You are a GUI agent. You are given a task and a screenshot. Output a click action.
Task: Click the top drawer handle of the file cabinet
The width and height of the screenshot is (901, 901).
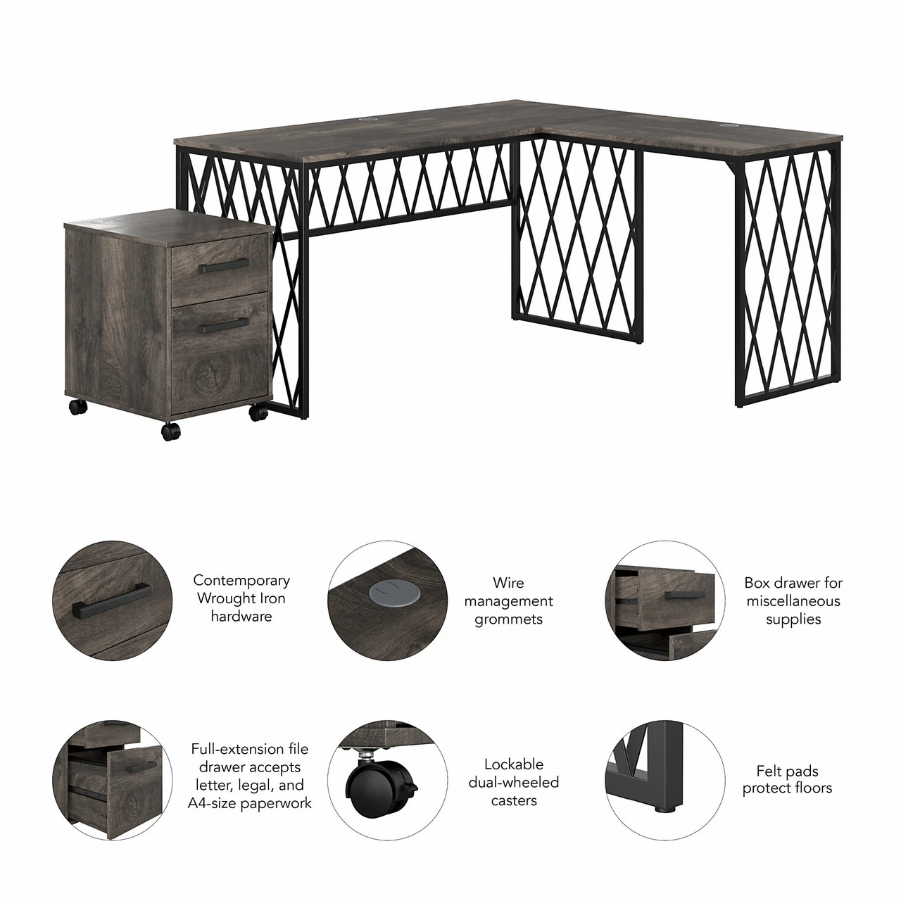click(x=224, y=265)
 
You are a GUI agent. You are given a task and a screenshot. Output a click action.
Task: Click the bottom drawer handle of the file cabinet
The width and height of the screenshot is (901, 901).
click(x=224, y=325)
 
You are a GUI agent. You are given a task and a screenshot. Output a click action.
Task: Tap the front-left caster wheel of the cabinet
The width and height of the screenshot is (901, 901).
click(x=170, y=431)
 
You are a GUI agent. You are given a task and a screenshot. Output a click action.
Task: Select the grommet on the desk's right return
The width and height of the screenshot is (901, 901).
click(x=726, y=125)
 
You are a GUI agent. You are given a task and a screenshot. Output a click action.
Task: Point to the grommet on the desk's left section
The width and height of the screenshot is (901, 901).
click(x=366, y=120)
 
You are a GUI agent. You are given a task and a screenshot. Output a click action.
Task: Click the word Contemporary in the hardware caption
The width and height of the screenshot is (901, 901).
click(x=241, y=580)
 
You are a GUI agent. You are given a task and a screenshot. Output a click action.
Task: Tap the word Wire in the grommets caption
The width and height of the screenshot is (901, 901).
click(x=508, y=583)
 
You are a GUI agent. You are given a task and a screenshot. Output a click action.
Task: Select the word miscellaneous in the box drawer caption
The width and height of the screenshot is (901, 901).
click(x=793, y=601)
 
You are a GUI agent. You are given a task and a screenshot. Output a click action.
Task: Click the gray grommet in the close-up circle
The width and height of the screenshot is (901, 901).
click(x=389, y=592)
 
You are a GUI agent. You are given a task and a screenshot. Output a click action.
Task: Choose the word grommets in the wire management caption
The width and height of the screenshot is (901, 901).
click(x=508, y=619)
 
